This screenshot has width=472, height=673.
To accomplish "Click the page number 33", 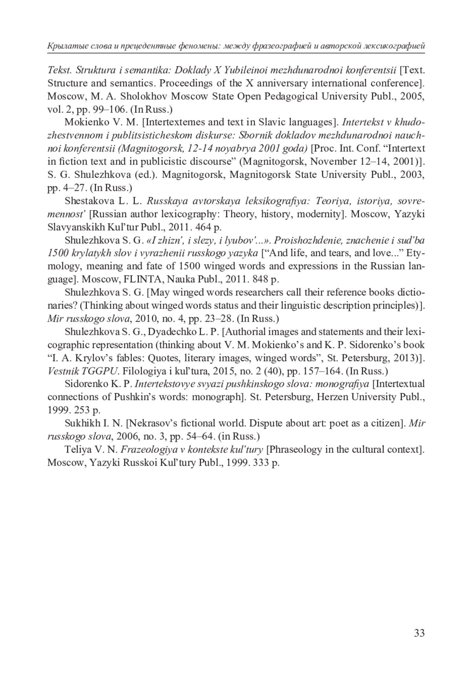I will (x=419, y=633).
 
